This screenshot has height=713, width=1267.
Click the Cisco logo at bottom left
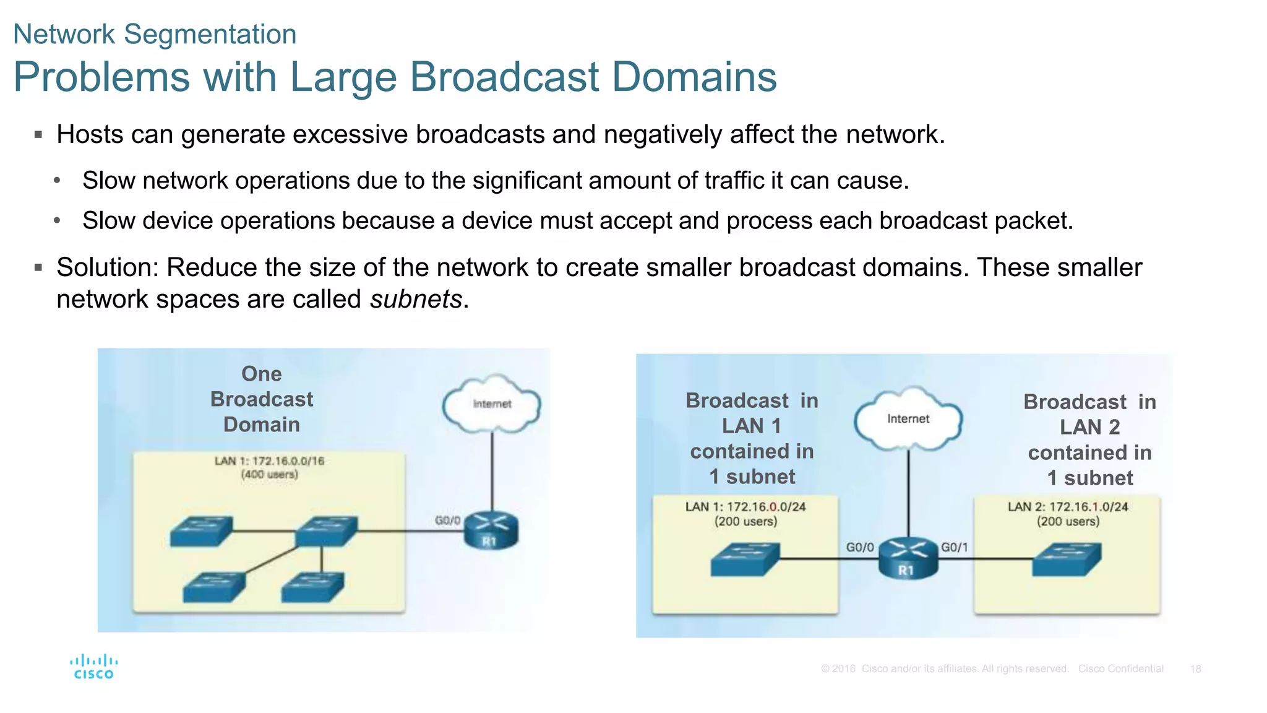click(x=93, y=667)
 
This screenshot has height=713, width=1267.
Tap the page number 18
click(x=1195, y=669)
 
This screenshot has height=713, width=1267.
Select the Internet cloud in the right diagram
click(x=908, y=418)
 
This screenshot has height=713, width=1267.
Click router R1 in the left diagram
click(x=491, y=532)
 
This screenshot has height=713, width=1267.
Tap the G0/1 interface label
click(x=955, y=547)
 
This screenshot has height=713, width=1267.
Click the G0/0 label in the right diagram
click(x=860, y=547)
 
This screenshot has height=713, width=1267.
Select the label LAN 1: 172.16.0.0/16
click(x=269, y=461)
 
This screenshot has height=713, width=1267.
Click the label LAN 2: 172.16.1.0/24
click(x=1068, y=507)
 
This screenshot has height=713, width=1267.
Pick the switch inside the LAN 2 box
click(x=1067, y=559)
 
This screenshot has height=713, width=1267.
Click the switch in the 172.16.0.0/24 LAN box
click(x=745, y=559)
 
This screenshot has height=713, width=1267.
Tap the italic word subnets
click(x=416, y=300)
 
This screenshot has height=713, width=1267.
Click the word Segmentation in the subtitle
click(x=210, y=34)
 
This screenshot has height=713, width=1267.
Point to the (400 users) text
click(x=269, y=475)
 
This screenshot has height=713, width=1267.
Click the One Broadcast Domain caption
click(x=262, y=399)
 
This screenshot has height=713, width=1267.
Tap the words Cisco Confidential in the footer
click(x=1120, y=669)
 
